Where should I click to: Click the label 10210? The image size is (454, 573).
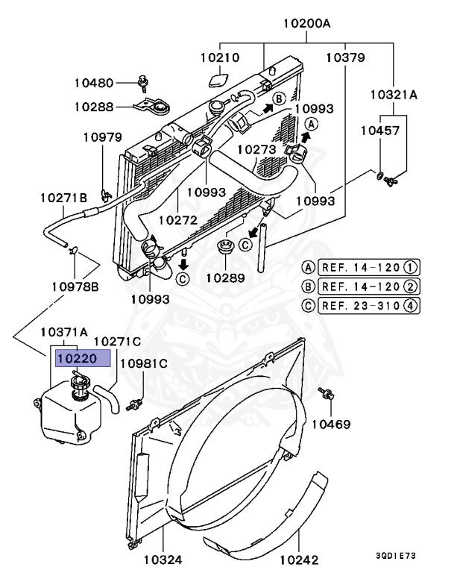coord(220,57)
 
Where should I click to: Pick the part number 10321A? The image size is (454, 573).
coord(394,95)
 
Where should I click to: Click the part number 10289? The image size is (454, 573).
coord(225,278)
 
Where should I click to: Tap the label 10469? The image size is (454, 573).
coord(331,424)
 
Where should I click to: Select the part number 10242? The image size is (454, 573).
coord(300,558)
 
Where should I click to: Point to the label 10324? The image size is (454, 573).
coord(163,558)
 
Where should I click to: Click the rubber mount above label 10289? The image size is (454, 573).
coord(223,246)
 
